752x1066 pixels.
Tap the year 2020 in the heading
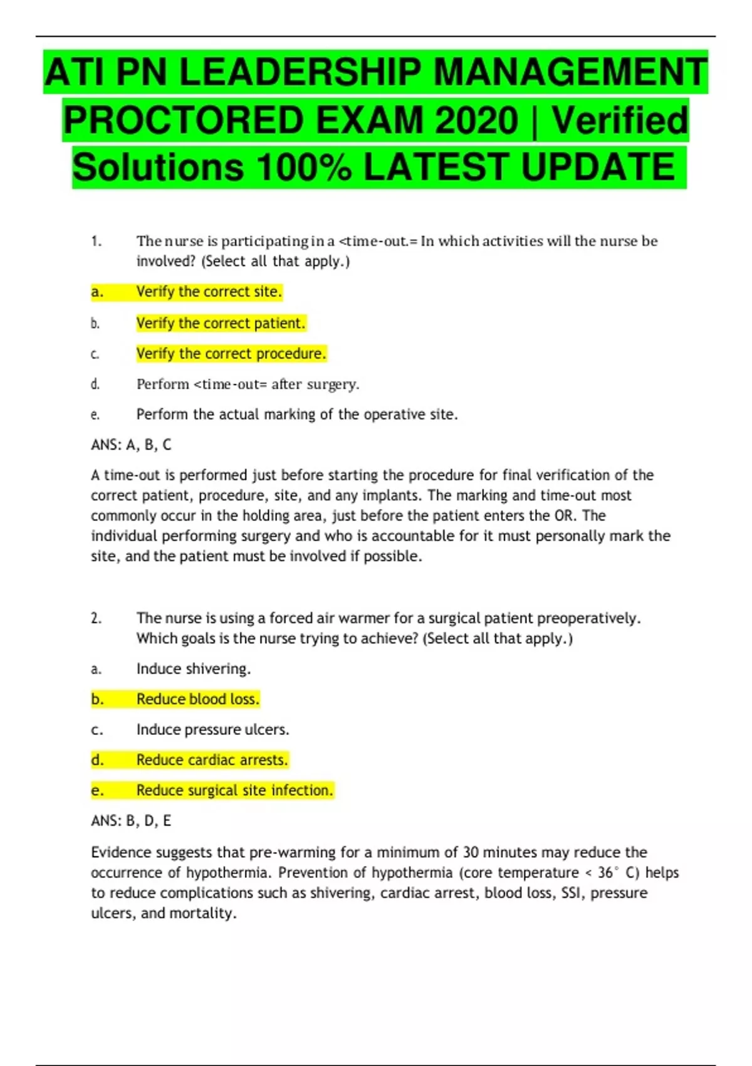(x=476, y=120)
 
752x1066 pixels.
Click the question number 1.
(x=96, y=241)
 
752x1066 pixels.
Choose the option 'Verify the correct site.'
(x=209, y=292)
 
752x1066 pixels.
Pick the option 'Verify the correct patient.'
(x=221, y=323)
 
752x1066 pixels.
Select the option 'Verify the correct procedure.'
(x=231, y=354)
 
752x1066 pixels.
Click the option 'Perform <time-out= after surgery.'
(x=248, y=384)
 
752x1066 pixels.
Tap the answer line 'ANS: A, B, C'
(x=131, y=445)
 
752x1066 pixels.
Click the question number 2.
(x=96, y=618)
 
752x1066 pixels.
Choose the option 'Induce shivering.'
(x=194, y=668)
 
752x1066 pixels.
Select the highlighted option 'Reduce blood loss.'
(x=197, y=699)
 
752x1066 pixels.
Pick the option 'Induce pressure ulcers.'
(x=212, y=729)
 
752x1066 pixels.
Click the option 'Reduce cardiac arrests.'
(x=212, y=760)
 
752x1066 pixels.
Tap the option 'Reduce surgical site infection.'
(x=234, y=790)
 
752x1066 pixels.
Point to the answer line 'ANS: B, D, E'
(x=131, y=821)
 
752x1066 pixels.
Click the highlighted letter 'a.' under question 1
(x=97, y=292)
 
